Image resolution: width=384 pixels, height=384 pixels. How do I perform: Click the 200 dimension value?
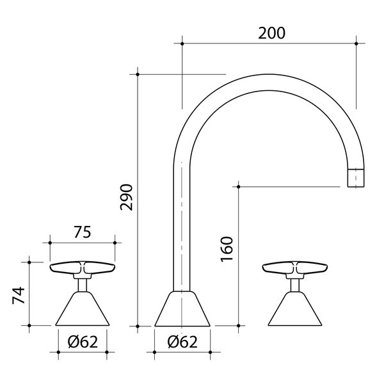[x=272, y=32]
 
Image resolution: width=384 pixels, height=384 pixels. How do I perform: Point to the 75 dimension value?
[x=83, y=232]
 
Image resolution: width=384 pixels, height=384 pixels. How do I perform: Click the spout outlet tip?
[x=356, y=177]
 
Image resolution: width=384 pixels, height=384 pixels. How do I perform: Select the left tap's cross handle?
[x=82, y=268]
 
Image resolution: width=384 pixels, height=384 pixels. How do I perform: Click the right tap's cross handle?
[x=294, y=268]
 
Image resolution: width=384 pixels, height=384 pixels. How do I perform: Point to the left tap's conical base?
[x=82, y=310]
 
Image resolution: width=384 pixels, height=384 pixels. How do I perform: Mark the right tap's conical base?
[x=294, y=310]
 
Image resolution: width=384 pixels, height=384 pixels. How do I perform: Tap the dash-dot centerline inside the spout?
[x=182, y=224]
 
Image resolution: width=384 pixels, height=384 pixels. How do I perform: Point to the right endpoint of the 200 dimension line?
[x=356, y=44]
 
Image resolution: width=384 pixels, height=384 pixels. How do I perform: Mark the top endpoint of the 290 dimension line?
[x=138, y=74]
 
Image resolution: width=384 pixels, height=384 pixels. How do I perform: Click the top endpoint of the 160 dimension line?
[x=238, y=186]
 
